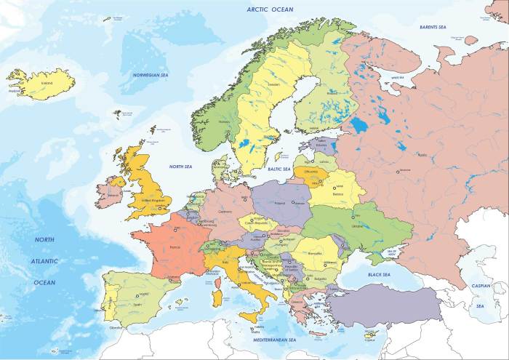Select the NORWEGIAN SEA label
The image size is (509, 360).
click(151, 75)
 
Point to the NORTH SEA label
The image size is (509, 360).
click(180, 167)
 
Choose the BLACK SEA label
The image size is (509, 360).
click(379, 275)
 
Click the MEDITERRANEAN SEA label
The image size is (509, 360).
click(273, 340)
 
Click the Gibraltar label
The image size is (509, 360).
click(116, 327)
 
